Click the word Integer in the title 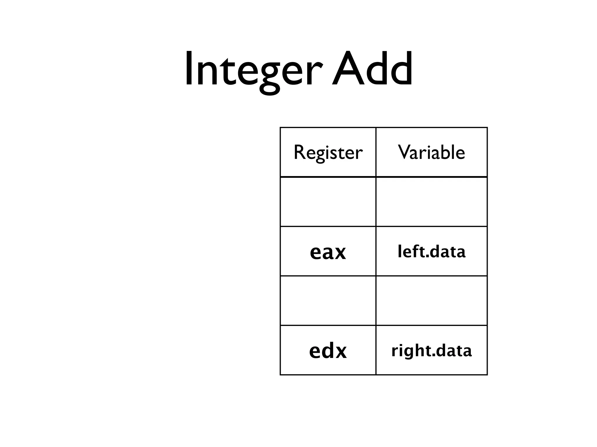(x=254, y=70)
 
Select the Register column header (x=328, y=152)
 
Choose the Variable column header (x=431, y=152)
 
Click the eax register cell (x=328, y=252)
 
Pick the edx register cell (x=328, y=351)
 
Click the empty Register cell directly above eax (x=328, y=202)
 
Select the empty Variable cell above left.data (x=431, y=202)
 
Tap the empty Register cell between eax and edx (x=328, y=301)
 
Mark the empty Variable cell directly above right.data (x=431, y=301)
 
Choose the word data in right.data (x=454, y=350)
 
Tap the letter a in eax (x=328, y=253)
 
